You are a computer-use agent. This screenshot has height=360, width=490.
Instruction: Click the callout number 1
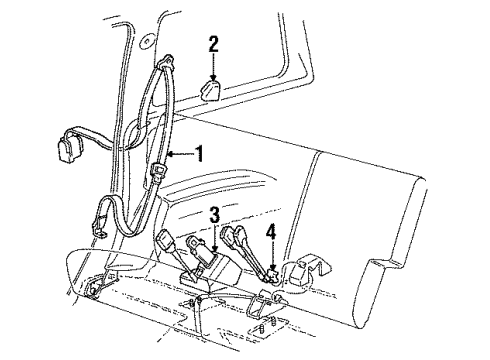point(199,154)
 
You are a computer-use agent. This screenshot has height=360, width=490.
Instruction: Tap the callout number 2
point(214,44)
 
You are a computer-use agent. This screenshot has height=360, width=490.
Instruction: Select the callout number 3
point(215,215)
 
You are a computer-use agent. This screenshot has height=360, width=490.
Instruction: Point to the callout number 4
point(271,232)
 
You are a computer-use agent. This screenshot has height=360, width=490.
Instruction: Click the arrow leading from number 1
point(180,154)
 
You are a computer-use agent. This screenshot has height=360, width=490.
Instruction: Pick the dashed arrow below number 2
point(213,67)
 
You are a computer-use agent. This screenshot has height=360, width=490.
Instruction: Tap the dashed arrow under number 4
point(273,256)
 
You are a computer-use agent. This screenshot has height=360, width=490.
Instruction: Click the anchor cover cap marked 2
point(210,90)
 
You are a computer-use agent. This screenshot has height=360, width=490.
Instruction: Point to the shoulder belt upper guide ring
point(166,63)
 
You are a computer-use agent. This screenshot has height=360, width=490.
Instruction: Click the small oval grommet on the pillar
point(146,42)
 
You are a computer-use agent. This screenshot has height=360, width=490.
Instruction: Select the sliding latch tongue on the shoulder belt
point(159,171)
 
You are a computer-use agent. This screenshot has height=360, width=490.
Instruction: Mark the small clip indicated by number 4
point(272,276)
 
